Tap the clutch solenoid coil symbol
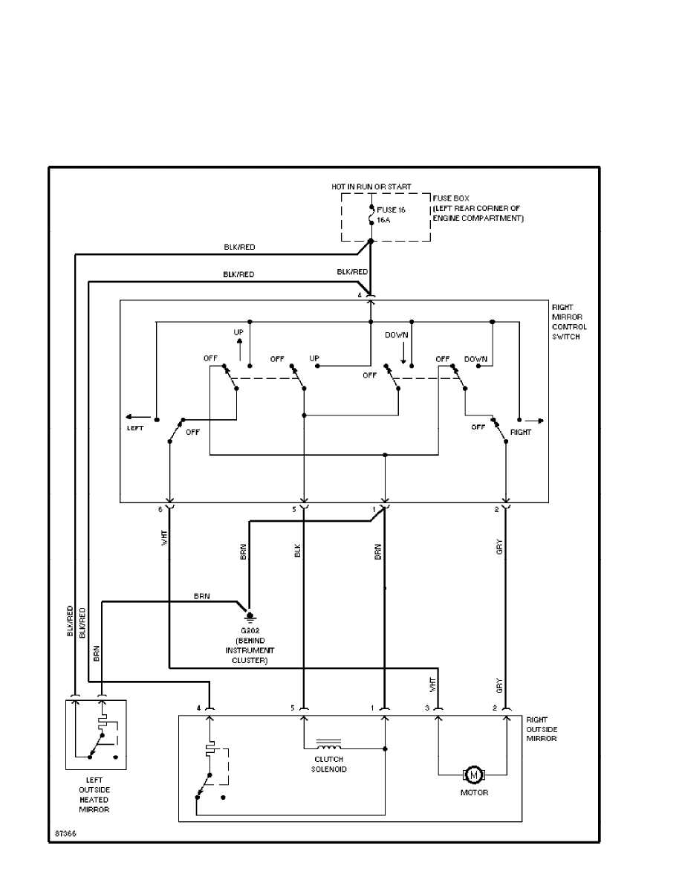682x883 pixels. [x=328, y=743]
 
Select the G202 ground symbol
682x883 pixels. [x=250, y=615]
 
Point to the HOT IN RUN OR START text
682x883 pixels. [x=371, y=186]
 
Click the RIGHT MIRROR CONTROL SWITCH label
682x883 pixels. [x=569, y=322]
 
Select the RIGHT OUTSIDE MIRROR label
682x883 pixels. [x=542, y=729]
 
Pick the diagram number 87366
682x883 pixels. [x=65, y=833]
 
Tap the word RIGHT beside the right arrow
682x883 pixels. [x=522, y=431]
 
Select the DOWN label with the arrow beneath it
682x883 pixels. [x=397, y=335]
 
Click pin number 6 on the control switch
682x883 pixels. [x=160, y=509]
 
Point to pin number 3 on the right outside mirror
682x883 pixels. [x=427, y=708]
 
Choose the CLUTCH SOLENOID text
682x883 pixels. [x=328, y=764]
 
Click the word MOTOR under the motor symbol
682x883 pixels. [x=473, y=793]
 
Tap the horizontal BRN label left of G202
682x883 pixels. [x=201, y=596]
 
